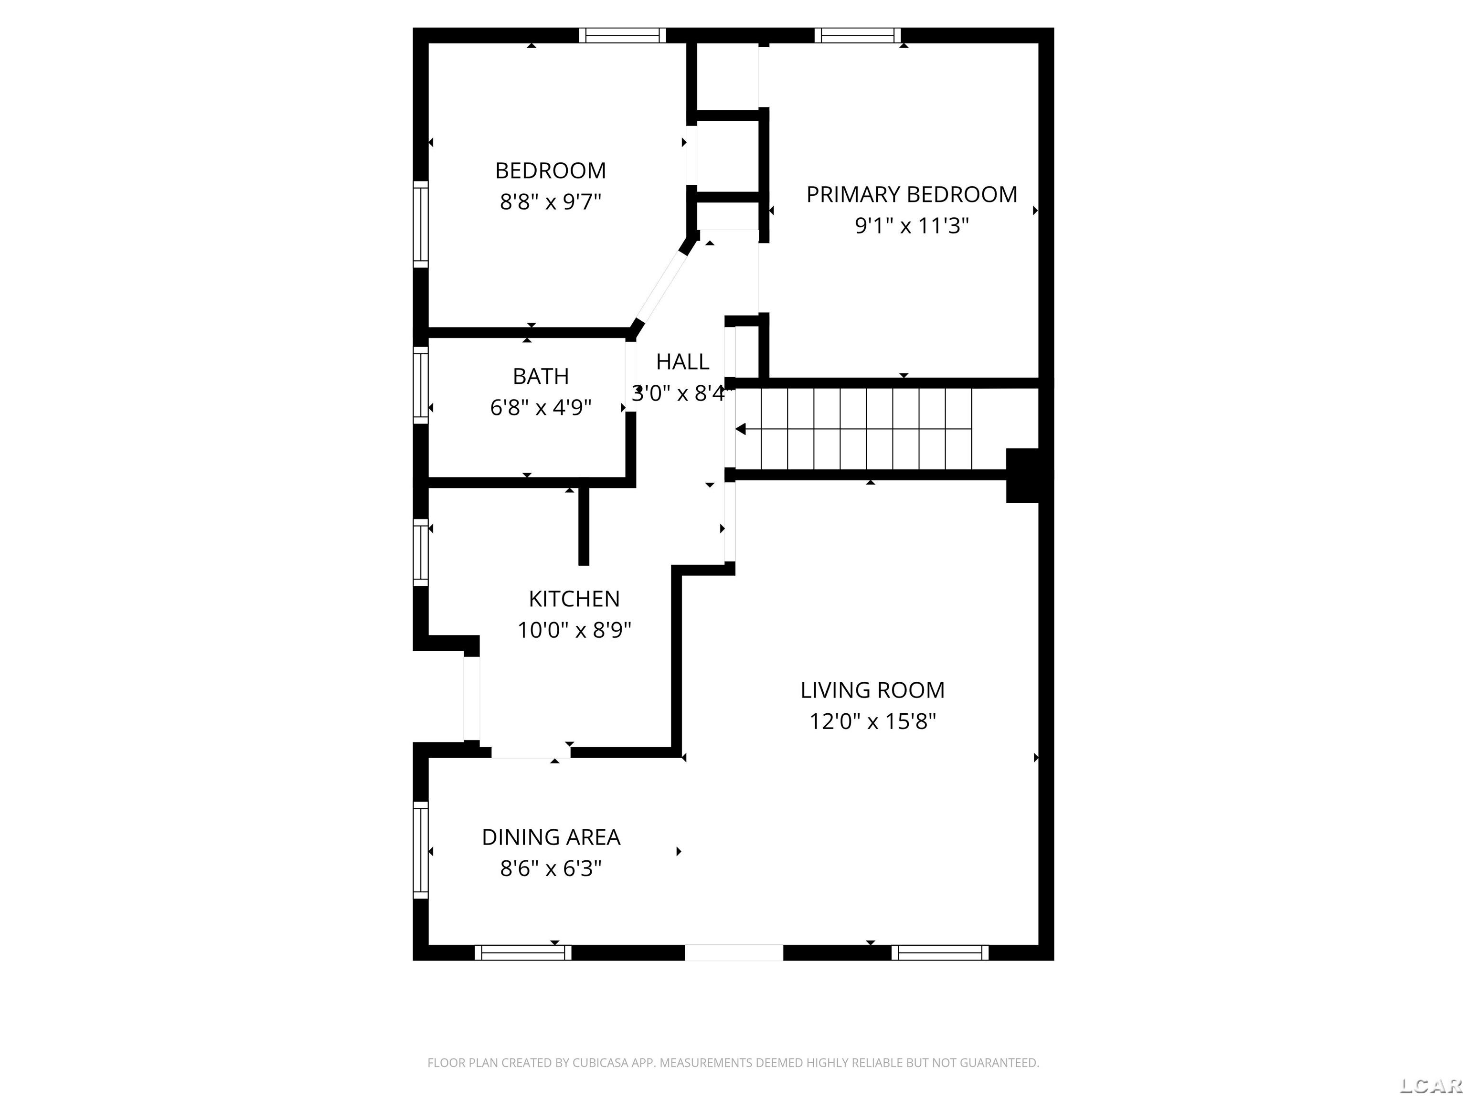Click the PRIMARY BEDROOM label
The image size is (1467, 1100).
(911, 194)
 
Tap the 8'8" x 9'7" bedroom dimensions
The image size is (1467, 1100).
(551, 201)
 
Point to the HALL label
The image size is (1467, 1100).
(682, 362)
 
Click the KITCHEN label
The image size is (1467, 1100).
(574, 599)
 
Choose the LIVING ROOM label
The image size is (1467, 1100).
(872, 690)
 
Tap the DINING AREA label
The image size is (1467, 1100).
(551, 837)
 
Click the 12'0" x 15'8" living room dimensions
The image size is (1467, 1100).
(872, 721)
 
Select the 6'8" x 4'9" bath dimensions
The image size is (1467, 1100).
(541, 407)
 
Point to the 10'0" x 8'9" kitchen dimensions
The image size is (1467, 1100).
(574, 630)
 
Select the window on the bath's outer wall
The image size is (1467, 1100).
(420, 385)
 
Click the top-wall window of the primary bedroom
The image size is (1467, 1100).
(858, 35)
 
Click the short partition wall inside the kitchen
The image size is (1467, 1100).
(584, 526)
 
